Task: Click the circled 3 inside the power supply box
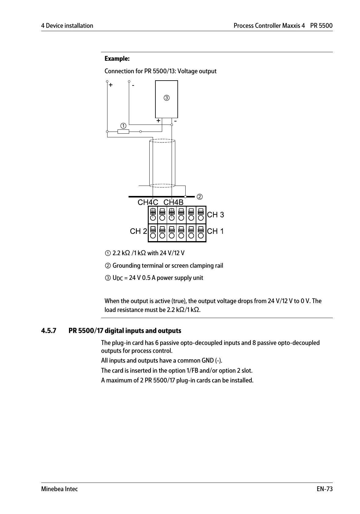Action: coord(166,98)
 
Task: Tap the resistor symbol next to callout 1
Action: coord(123,132)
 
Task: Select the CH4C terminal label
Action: coord(148,202)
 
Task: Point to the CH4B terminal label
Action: coord(173,202)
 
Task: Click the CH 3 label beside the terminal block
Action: coord(216,215)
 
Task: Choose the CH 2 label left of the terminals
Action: coord(138,231)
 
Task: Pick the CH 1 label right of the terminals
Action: coord(216,231)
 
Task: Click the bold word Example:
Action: coord(117,59)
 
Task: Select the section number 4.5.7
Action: coord(49,331)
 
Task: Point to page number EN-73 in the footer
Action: coord(325,489)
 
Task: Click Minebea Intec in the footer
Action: coord(60,489)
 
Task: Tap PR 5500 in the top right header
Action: coord(321,26)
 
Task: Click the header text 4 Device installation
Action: coord(67,26)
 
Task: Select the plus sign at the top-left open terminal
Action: coord(111,85)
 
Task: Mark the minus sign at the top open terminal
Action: coord(133,85)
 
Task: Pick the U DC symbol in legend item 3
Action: coord(118,278)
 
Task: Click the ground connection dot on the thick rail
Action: coord(185,197)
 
